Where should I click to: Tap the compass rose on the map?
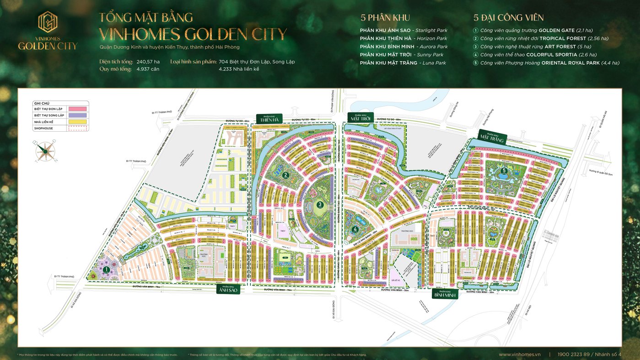[x=46, y=150]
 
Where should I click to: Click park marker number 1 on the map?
[x=107, y=270]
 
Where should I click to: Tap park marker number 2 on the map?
[x=285, y=174]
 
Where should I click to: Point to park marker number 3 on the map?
[x=320, y=205]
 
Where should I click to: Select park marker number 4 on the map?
[x=355, y=230]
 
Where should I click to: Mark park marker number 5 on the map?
[x=504, y=171]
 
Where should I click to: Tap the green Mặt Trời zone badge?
[x=361, y=117]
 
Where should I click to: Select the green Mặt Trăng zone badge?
[x=492, y=137]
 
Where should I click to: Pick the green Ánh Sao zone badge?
[x=227, y=289]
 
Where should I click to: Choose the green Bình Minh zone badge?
[x=445, y=294]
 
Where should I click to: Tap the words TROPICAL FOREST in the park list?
[x=562, y=38]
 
